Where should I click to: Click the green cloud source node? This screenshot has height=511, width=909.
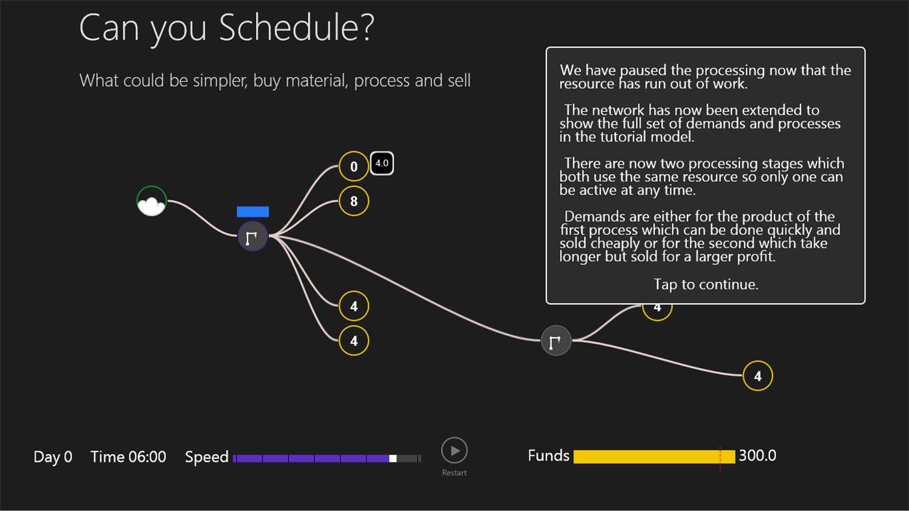click(151, 201)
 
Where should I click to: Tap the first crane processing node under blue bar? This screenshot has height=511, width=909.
click(253, 236)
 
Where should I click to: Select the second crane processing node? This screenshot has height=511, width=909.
click(556, 340)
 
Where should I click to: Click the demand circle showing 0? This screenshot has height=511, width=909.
click(353, 167)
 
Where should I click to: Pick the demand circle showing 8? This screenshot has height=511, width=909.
click(353, 201)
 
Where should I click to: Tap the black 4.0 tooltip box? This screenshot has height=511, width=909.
click(382, 163)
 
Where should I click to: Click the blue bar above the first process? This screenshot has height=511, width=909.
click(253, 212)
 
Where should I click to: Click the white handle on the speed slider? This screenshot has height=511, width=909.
click(392, 458)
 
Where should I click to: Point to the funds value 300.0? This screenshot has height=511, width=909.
click(757, 456)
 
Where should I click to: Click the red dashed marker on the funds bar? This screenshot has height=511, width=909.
click(721, 457)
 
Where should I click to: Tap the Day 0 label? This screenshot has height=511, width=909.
click(53, 457)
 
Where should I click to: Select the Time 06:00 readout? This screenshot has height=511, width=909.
click(128, 457)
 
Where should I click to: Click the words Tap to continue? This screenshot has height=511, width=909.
click(706, 284)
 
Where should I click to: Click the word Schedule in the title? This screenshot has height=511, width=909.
click(296, 29)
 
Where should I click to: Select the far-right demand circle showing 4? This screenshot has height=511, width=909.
click(758, 375)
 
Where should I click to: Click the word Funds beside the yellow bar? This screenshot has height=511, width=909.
click(548, 456)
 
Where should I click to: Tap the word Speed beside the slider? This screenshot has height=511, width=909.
click(206, 457)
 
